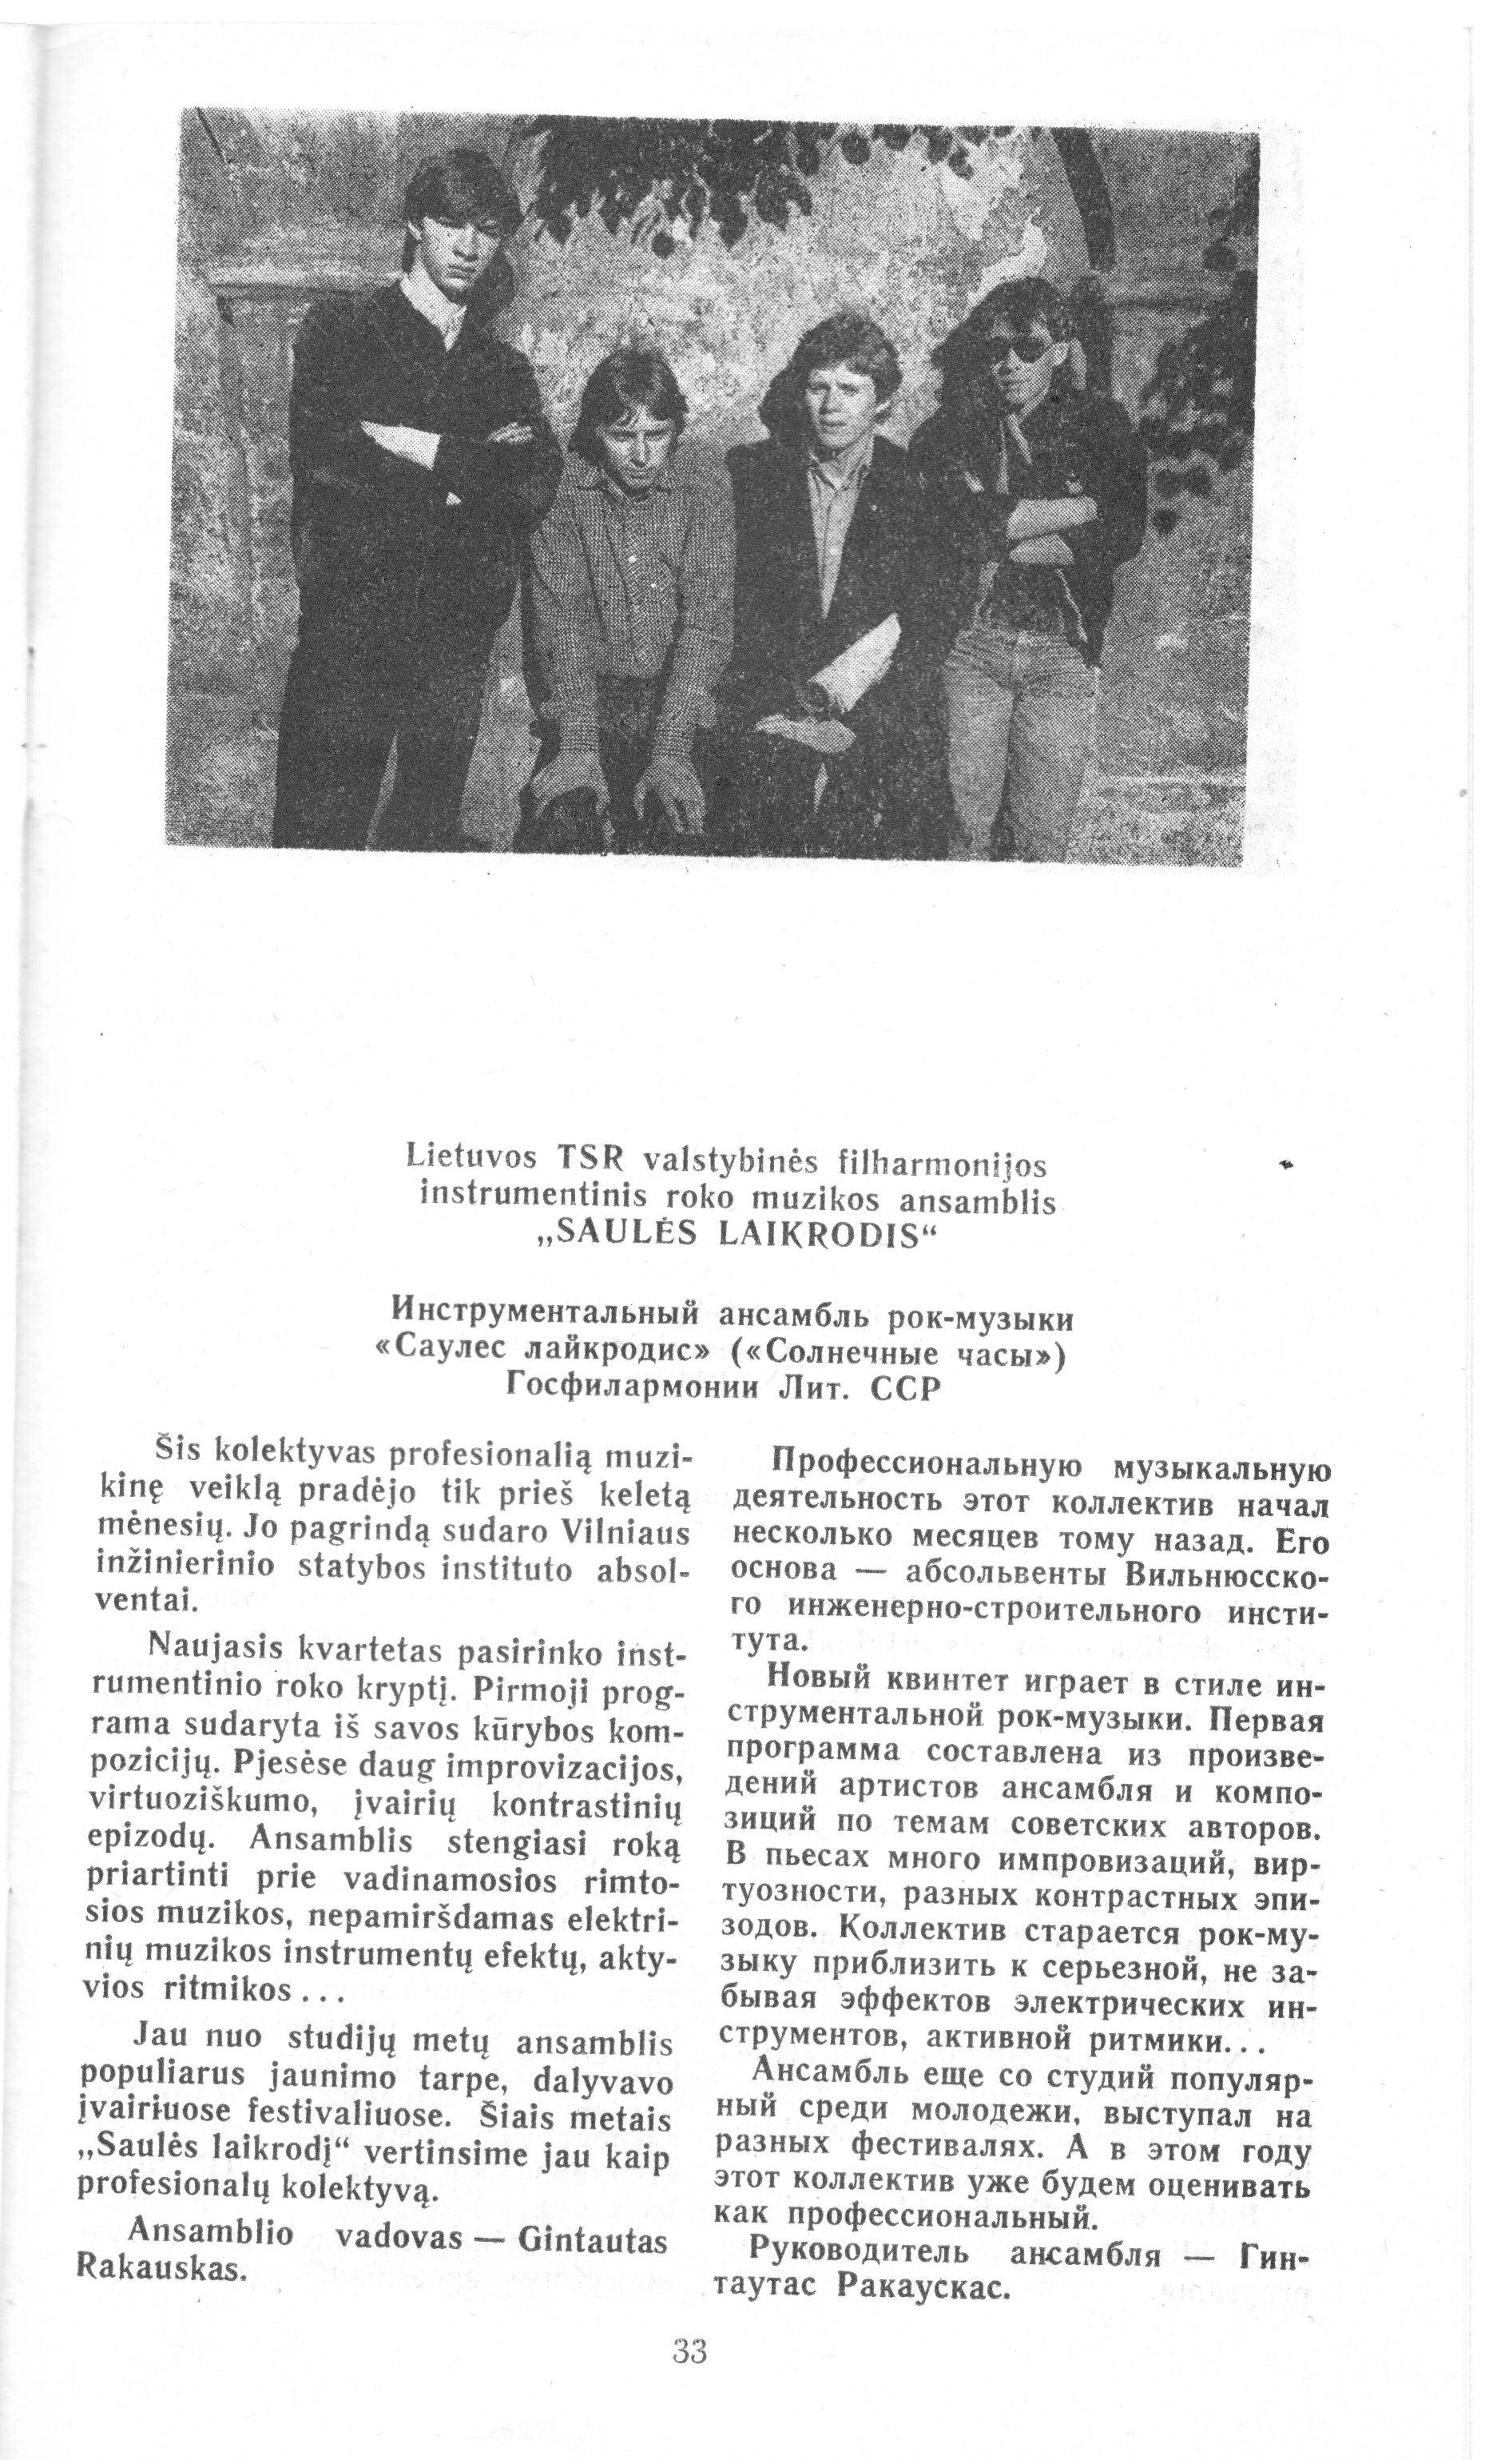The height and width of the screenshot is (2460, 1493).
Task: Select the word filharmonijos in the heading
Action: coord(941,1163)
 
